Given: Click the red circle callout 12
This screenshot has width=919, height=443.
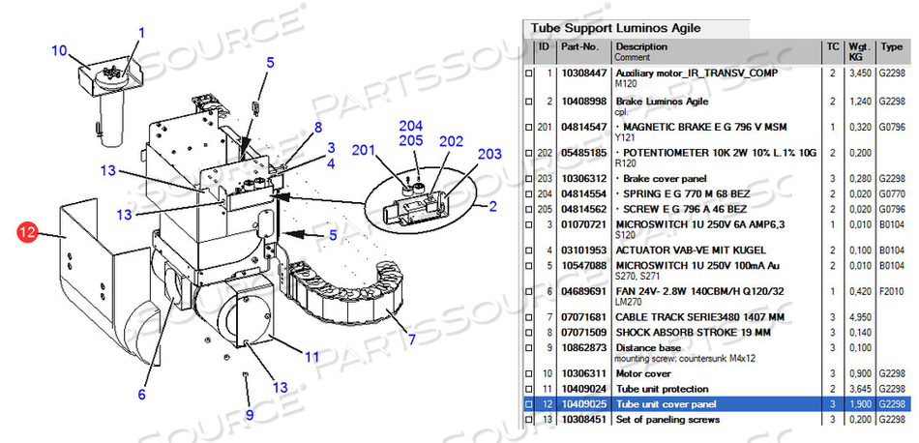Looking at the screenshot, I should pos(27,231).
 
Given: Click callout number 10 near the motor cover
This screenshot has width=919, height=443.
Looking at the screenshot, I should pos(59,50).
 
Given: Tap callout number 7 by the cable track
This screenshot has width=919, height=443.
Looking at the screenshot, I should pos(411,340).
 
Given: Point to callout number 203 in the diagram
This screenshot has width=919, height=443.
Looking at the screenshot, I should pos(489,154).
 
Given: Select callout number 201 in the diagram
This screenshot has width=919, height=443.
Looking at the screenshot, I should pos(363,149).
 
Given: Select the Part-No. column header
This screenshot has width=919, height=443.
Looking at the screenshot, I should pos(579,45).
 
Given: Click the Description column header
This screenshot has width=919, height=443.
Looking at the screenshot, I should pos(640,45).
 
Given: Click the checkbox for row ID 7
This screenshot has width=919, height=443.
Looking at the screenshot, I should pos(528,317).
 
